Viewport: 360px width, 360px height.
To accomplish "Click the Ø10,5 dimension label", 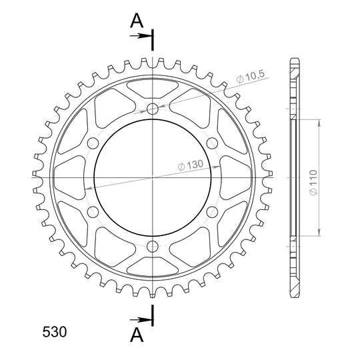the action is [x=251, y=77].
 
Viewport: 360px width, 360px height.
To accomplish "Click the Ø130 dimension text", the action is [x=191, y=165].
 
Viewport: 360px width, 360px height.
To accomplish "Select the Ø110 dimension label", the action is [x=313, y=183].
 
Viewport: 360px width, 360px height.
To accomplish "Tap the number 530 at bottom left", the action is [x=55, y=332].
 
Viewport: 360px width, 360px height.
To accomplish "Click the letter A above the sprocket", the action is [x=137, y=21].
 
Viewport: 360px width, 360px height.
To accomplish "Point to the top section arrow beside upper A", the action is [x=141, y=36].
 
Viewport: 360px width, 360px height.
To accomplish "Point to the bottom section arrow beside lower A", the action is [x=141, y=319].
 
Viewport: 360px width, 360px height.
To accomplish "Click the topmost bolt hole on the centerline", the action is [x=153, y=109].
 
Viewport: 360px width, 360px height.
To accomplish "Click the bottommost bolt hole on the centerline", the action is [x=153, y=247].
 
